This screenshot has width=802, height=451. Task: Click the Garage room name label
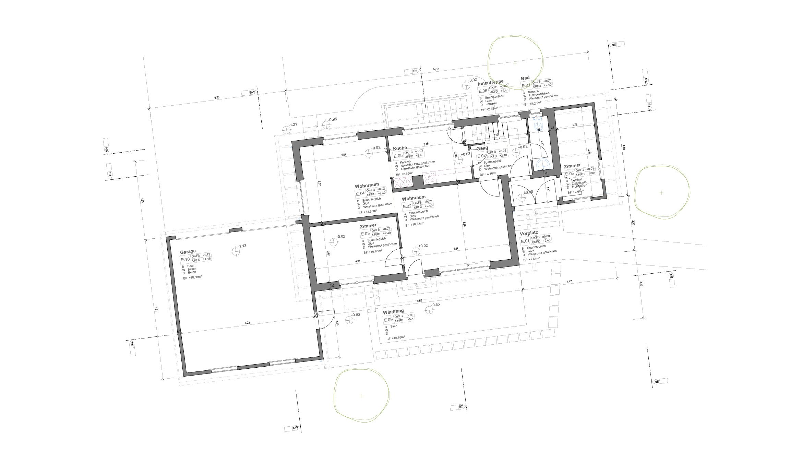(188, 251)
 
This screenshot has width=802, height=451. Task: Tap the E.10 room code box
(185, 259)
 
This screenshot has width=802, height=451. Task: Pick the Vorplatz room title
(529, 234)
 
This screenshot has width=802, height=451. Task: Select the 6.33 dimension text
(217, 97)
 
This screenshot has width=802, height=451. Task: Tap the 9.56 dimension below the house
(419, 301)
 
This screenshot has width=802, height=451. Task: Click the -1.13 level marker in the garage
(236, 252)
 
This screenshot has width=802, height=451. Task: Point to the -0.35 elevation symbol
(429, 310)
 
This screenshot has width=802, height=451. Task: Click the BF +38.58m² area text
(192, 278)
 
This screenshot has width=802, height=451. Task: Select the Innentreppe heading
(490, 82)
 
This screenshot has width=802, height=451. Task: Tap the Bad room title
(525, 78)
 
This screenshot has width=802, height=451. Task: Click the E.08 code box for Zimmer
(569, 174)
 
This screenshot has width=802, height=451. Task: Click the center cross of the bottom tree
(361, 396)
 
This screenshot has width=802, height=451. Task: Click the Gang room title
(482, 149)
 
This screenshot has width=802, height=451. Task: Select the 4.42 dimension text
(569, 282)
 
